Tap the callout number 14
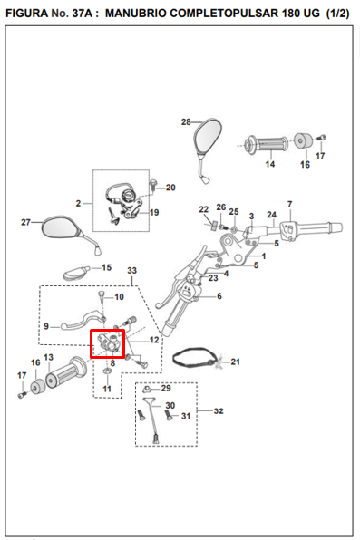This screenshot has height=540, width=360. (x=270, y=164)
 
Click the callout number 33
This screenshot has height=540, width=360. (x=132, y=270)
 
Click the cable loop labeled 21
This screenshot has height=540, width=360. (x=195, y=358)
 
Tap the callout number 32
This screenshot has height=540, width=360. (x=219, y=410)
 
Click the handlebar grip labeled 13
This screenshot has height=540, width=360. (x=65, y=372)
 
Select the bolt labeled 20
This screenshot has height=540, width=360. (x=152, y=185)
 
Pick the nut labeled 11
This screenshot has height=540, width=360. (x=107, y=371)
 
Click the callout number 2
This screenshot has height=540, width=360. (x=78, y=204)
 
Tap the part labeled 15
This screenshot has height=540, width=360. (x=76, y=272)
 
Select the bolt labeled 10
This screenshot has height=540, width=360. (x=102, y=297)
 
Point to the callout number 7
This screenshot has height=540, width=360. (x=289, y=204)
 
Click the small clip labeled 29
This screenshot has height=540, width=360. (x=147, y=390)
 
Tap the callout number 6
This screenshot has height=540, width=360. (x=219, y=296)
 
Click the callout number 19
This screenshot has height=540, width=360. (x=154, y=213)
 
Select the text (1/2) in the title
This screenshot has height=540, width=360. (x=337, y=13)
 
